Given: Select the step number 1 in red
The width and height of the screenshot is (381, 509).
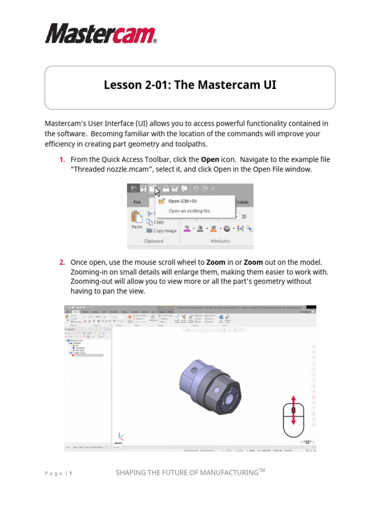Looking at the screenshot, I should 62,160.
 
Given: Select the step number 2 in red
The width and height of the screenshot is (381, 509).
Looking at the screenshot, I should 62,262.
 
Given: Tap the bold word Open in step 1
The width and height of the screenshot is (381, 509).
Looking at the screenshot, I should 210,160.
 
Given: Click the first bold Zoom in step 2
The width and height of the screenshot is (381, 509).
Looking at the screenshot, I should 216,262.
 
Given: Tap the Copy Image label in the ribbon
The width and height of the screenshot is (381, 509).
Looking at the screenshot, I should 165,231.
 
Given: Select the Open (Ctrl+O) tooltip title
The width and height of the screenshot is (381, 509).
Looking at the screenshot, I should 182,201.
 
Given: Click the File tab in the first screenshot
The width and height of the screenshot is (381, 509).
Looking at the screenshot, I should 137,202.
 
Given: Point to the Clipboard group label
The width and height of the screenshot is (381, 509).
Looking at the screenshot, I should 153,241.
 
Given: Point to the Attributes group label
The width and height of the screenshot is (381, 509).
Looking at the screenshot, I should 220,241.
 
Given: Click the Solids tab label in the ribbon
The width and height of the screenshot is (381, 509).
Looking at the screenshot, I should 242,202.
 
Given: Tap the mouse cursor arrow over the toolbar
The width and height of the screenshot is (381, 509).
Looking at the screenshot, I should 157,191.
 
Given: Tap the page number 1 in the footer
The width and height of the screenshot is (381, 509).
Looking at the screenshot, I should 70,474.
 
